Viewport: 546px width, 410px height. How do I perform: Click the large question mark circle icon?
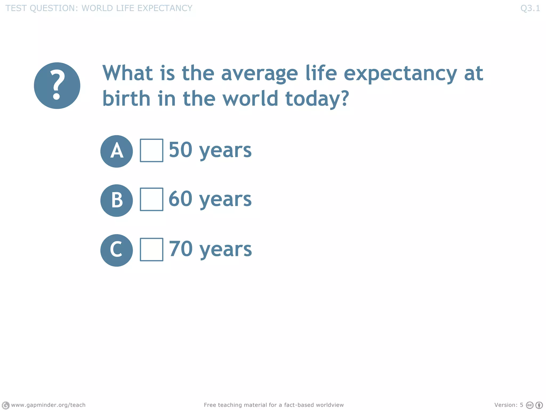pyautogui.click(x=57, y=86)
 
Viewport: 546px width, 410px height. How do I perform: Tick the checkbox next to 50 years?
pyautogui.click(x=151, y=150)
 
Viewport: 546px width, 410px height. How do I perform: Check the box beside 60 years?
pyautogui.click(x=151, y=199)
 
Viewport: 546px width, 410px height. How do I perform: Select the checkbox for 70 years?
pyautogui.click(x=151, y=249)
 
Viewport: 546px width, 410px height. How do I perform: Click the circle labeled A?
pyautogui.click(x=117, y=151)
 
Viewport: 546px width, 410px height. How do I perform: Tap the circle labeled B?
pyautogui.click(x=117, y=200)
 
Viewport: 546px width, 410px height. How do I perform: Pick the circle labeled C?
pyautogui.click(x=117, y=250)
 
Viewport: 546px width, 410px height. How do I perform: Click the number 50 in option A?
pyautogui.click(x=180, y=150)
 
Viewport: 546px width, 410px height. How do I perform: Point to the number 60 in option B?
pyautogui.click(x=180, y=199)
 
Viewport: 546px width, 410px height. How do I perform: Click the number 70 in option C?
pyautogui.click(x=180, y=249)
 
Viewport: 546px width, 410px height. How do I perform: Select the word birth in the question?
pyautogui.click(x=126, y=98)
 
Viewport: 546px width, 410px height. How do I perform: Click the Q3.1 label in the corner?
pyautogui.click(x=530, y=8)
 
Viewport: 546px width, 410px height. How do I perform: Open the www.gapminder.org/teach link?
pyautogui.click(x=48, y=405)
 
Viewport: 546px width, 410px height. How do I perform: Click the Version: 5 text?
pyautogui.click(x=508, y=405)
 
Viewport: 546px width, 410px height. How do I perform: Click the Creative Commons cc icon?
pyautogui.click(x=529, y=405)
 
